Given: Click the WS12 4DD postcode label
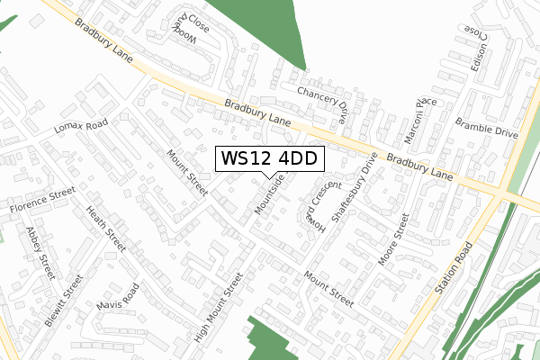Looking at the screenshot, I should (267, 158).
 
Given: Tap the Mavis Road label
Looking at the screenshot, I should (118, 301).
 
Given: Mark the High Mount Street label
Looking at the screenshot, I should (219, 309).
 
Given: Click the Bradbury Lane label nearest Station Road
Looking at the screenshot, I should (420, 167).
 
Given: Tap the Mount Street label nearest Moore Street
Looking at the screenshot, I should (328, 287).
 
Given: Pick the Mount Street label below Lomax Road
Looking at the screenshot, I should (187, 172).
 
